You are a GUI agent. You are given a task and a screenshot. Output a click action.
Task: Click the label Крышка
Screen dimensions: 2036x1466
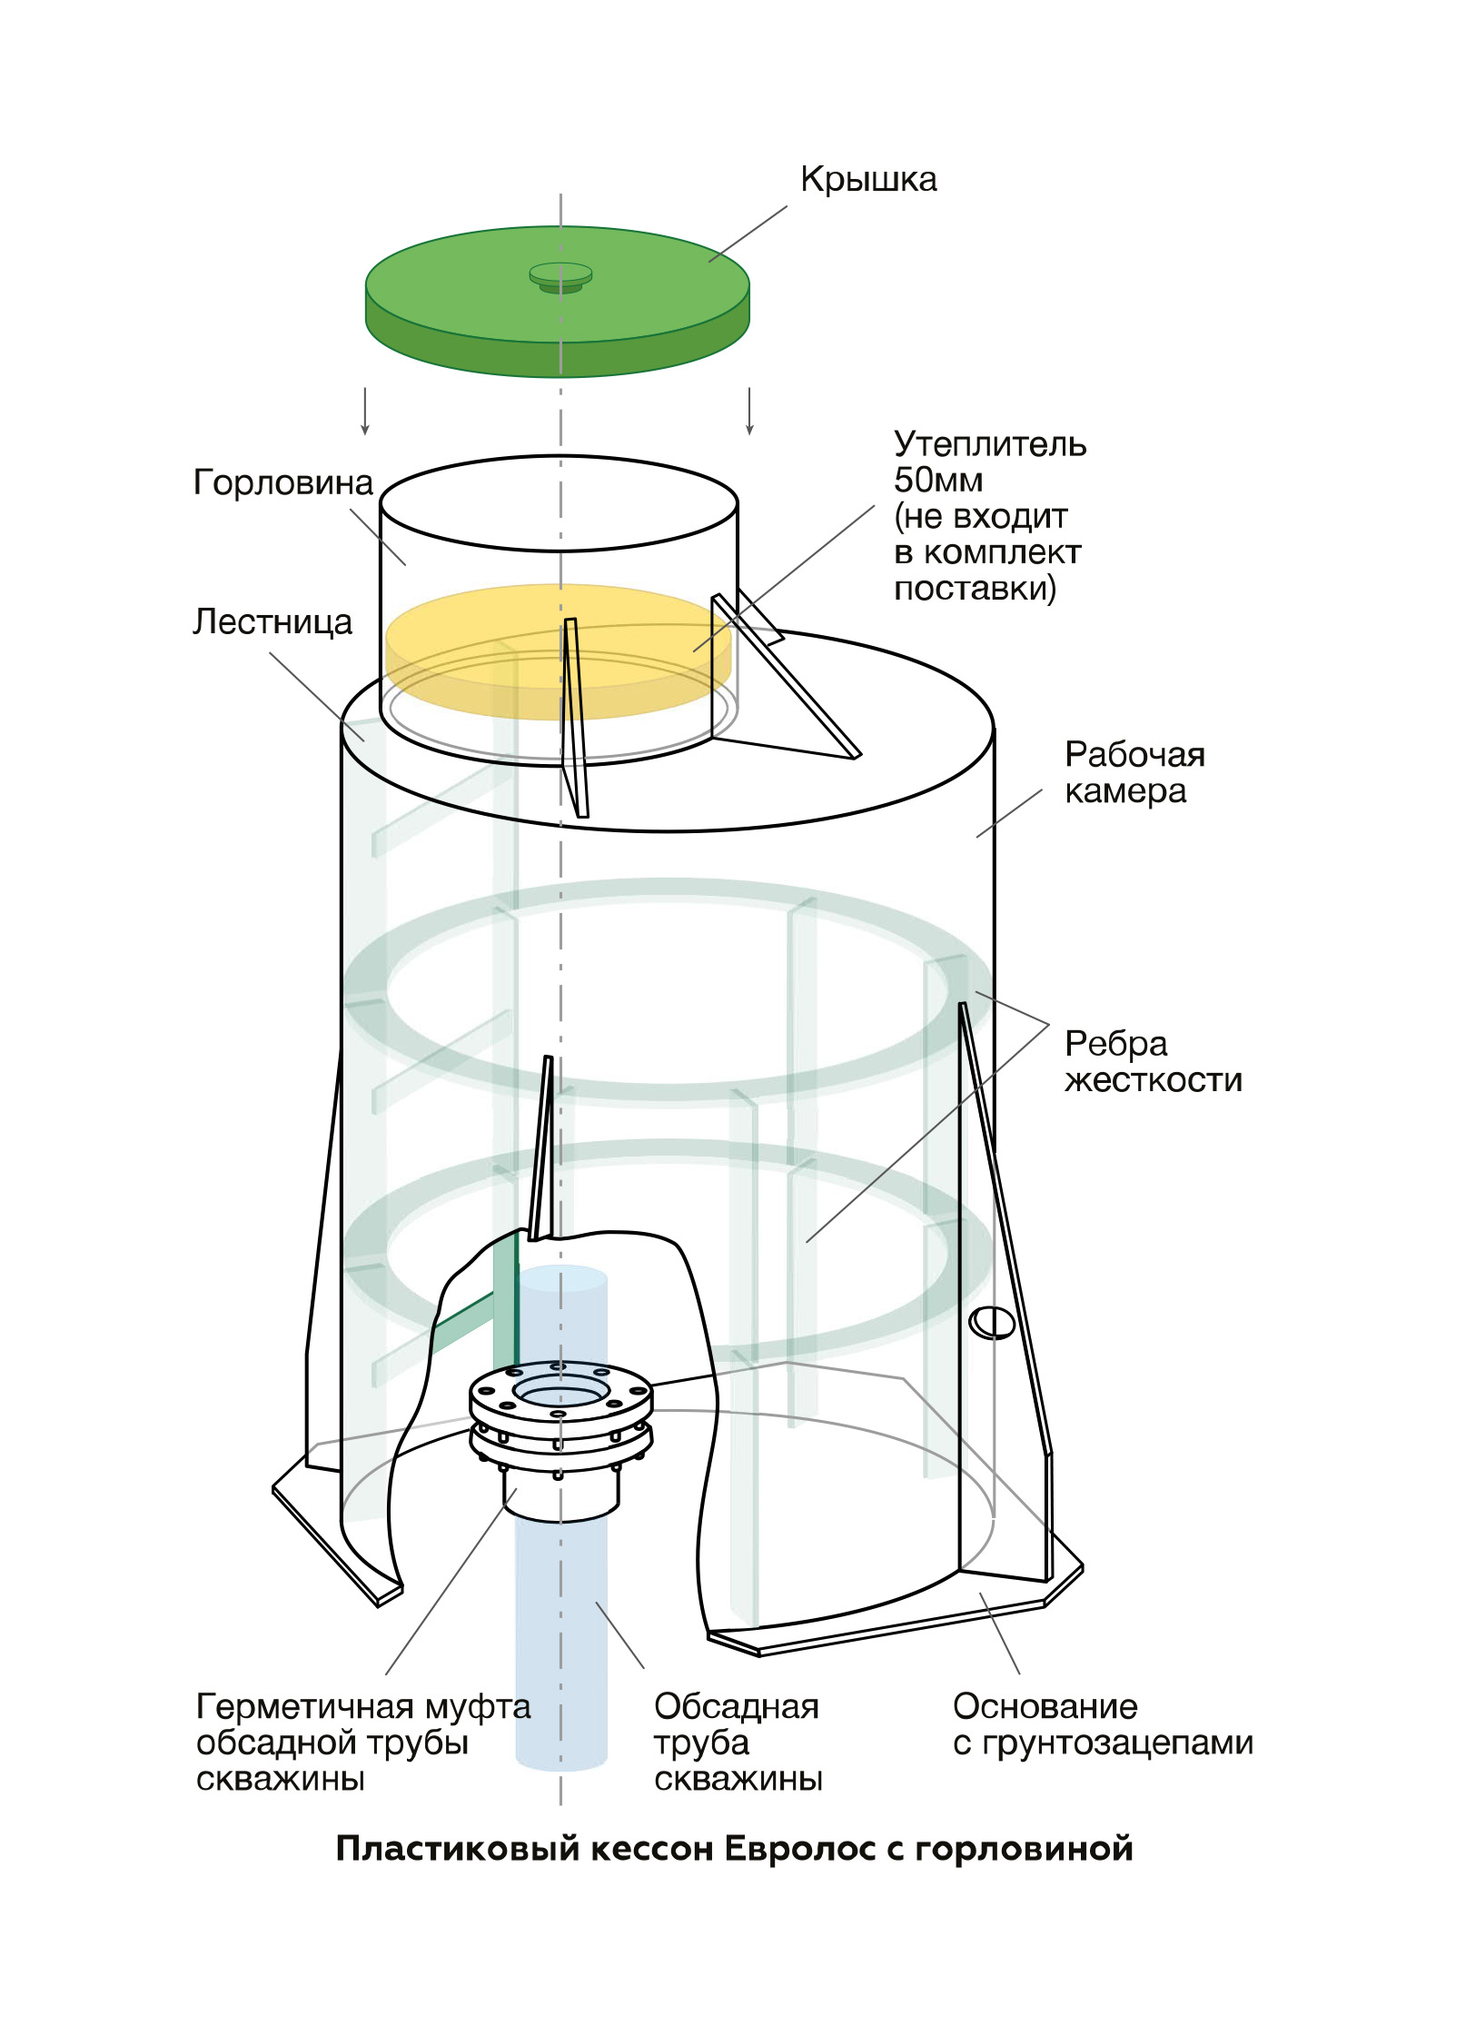[867, 180]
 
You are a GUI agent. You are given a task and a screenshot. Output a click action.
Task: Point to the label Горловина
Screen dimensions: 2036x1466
[282, 482]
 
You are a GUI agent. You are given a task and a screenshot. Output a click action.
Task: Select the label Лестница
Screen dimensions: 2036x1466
[272, 622]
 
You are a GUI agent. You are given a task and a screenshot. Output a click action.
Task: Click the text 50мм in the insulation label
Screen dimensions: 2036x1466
[938, 480]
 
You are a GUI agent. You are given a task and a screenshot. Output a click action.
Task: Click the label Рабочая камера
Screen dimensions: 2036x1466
[1134, 773]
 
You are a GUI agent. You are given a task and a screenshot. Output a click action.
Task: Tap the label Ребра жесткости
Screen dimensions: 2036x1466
[1152, 1062]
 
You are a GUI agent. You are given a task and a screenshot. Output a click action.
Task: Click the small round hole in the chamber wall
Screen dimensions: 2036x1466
[991, 1323]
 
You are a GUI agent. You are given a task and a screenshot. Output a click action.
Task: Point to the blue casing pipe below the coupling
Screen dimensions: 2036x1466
[560, 1635]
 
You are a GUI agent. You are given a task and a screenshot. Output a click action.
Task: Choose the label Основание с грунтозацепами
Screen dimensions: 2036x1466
[1102, 1724]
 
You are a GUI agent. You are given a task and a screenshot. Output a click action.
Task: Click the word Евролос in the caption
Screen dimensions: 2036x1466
[800, 1849]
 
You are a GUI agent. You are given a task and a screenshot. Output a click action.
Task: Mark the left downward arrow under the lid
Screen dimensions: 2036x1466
[365, 412]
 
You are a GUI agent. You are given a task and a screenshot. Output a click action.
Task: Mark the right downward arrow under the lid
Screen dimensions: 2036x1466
[749, 412]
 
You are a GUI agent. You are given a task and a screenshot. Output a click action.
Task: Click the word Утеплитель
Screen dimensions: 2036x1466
[989, 444]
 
